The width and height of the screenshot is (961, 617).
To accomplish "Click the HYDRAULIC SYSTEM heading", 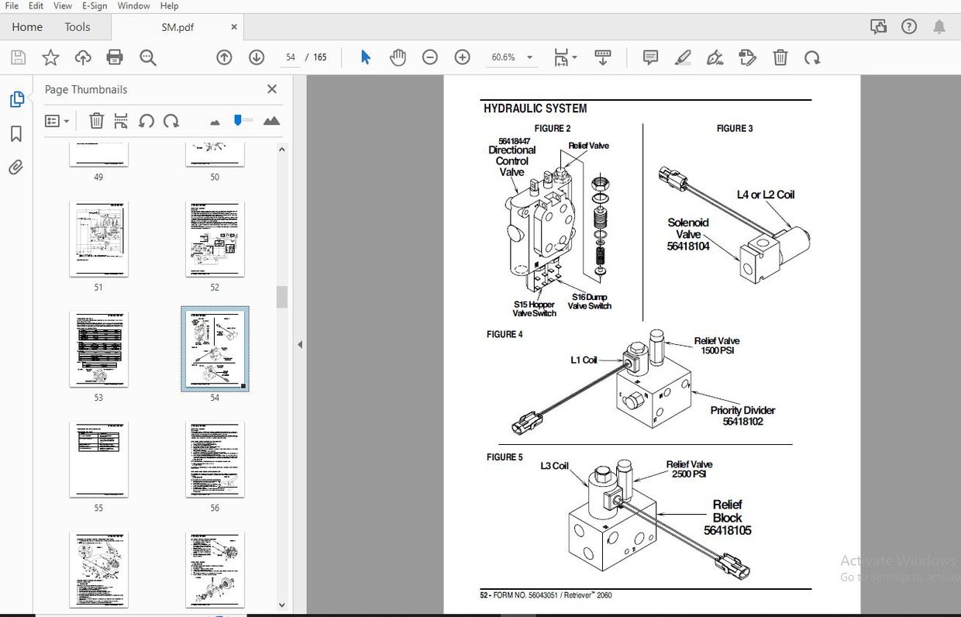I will pyautogui.click(x=535, y=109).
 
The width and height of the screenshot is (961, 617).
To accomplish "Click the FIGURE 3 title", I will pyautogui.click(x=734, y=129).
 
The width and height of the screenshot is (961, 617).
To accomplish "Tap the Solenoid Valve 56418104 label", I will pyautogui.click(x=688, y=234).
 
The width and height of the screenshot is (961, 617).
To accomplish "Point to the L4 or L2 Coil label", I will pyautogui.click(x=765, y=195).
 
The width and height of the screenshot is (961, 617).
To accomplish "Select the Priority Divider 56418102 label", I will pyautogui.click(x=742, y=415).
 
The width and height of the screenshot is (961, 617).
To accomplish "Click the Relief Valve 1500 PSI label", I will pyautogui.click(x=716, y=346).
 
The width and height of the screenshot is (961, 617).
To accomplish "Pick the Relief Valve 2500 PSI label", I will pyautogui.click(x=689, y=469).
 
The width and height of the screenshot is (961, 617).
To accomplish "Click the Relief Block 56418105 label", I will pyautogui.click(x=727, y=518).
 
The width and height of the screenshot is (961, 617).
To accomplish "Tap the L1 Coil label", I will pyautogui.click(x=584, y=360).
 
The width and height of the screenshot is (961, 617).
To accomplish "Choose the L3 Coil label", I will pyautogui.click(x=554, y=466).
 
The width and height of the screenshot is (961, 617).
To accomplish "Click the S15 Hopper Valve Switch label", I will pyautogui.click(x=534, y=308).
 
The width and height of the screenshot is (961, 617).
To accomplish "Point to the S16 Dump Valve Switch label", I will pyautogui.click(x=589, y=302).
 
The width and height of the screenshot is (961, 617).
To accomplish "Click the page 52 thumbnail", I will pyautogui.click(x=215, y=239).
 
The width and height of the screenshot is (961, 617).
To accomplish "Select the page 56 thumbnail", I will pyautogui.click(x=215, y=460).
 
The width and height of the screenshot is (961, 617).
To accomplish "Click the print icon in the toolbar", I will pyautogui.click(x=115, y=57).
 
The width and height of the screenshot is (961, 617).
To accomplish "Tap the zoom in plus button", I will pyautogui.click(x=462, y=57).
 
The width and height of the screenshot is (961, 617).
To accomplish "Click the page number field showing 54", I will pyautogui.click(x=291, y=57).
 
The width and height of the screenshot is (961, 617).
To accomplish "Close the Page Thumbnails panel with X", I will pyautogui.click(x=272, y=89).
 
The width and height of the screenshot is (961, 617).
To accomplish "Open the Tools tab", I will pyautogui.click(x=77, y=27).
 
